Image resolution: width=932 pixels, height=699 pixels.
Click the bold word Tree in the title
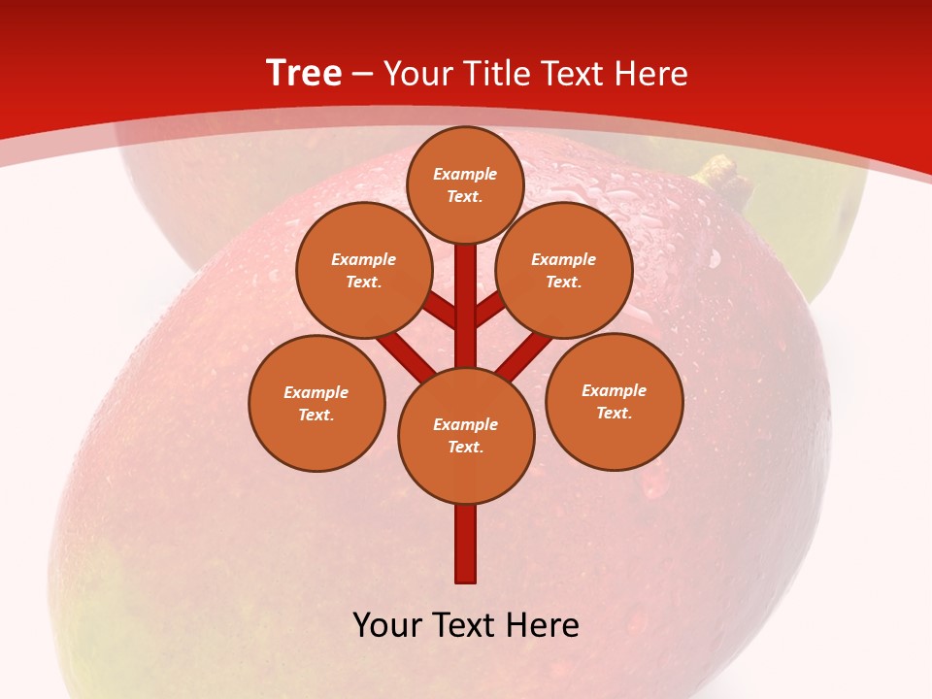[304, 74]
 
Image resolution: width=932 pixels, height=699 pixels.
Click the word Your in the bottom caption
[387, 625]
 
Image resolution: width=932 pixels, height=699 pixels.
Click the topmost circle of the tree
[465, 184]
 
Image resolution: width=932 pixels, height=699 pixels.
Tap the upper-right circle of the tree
[564, 270]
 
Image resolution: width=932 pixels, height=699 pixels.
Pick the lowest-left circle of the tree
[316, 403]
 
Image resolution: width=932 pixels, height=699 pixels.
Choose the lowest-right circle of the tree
[614, 401]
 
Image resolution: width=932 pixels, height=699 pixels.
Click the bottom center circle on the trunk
[466, 435]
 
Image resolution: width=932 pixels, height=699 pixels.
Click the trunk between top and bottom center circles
[466, 306]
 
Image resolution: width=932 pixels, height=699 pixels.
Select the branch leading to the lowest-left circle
[404, 354]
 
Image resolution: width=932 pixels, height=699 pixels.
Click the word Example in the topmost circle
[465, 174]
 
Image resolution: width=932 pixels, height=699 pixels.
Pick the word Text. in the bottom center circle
[466, 447]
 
